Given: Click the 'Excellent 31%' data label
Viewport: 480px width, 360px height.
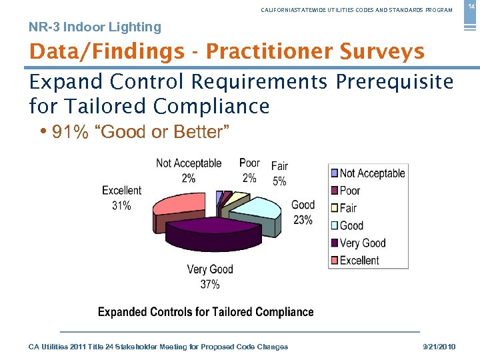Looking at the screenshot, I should (x=121, y=199).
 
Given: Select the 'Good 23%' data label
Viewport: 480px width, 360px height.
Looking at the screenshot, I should (x=303, y=212).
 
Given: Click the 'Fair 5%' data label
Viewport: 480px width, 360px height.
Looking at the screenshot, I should (x=280, y=173).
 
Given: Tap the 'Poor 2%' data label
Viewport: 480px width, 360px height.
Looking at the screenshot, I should (x=249, y=171).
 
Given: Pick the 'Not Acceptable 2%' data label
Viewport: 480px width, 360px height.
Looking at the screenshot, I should (x=189, y=171).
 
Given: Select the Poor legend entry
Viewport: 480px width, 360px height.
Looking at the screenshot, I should (x=349, y=191).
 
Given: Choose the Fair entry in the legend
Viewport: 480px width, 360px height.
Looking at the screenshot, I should (x=348, y=208).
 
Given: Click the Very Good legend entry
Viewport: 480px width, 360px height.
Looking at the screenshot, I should (x=362, y=243).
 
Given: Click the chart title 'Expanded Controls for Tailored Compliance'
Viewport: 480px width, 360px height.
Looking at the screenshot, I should (x=205, y=312).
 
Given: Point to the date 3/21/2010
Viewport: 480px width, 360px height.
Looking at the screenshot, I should (x=439, y=347).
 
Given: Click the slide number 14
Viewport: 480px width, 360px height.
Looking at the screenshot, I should (x=471, y=6).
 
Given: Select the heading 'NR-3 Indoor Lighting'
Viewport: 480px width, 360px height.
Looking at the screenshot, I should (x=95, y=27).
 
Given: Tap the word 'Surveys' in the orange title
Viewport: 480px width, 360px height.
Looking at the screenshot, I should (x=382, y=51).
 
